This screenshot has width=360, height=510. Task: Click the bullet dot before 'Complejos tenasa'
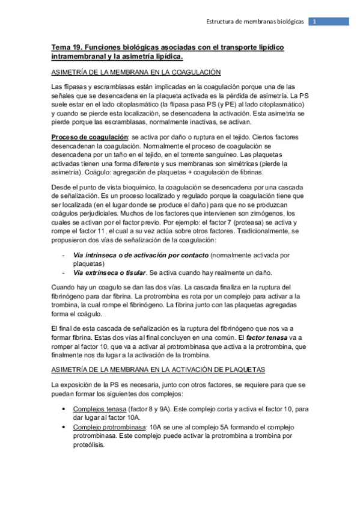[x=65, y=408]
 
